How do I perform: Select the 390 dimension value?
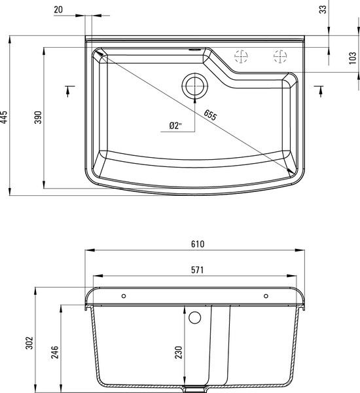click(x=38, y=118)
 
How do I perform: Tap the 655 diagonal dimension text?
click(x=210, y=115)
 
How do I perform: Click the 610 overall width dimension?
click(x=198, y=244)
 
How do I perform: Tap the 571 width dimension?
click(x=198, y=269)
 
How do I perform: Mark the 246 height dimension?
click(x=55, y=353)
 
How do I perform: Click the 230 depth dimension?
click(x=179, y=354)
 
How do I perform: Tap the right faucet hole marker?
click(x=280, y=56)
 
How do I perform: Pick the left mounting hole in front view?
click(x=122, y=296)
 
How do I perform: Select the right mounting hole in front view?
click(x=265, y=296)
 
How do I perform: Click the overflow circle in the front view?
click(x=194, y=318)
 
